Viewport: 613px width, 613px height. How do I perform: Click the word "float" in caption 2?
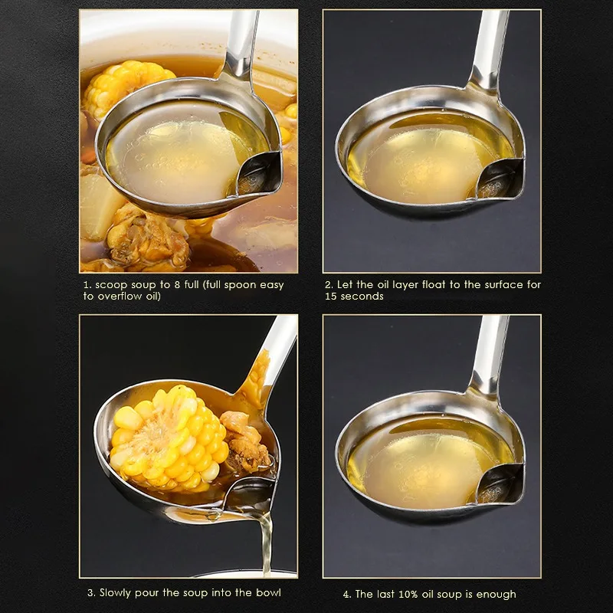430,285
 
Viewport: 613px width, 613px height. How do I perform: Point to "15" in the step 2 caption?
330,297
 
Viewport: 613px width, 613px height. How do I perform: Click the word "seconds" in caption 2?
363,297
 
